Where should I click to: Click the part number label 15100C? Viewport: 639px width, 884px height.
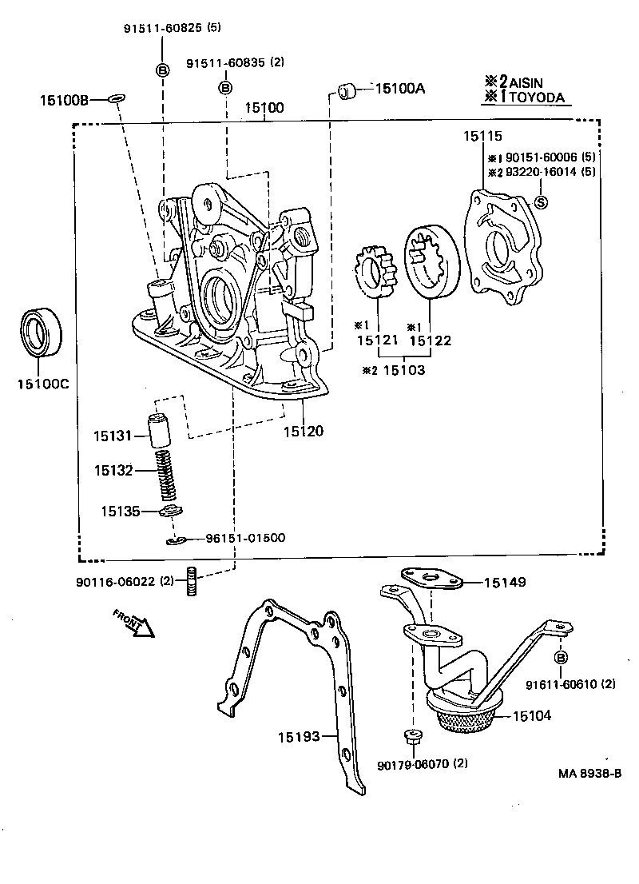pyautogui.click(x=43, y=384)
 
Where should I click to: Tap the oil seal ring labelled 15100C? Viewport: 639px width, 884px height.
pyautogui.click(x=43, y=331)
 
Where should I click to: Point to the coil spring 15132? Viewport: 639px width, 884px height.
pyautogui.click(x=164, y=472)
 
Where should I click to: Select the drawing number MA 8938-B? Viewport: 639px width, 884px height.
pyautogui.click(x=590, y=774)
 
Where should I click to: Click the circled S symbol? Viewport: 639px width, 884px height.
pyautogui.click(x=540, y=201)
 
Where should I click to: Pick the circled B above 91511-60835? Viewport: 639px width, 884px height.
pyautogui.click(x=226, y=87)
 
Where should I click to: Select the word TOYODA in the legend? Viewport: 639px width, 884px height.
pyautogui.click(x=537, y=98)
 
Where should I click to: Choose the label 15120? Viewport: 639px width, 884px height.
pyautogui.click(x=304, y=432)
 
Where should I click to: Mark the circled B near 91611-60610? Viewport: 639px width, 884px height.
pyautogui.click(x=560, y=657)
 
